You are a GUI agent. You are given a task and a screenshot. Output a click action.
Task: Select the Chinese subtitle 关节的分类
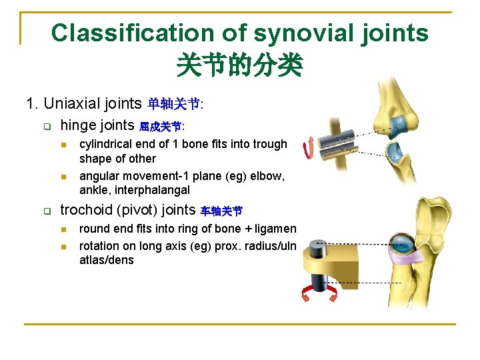[x=239, y=65]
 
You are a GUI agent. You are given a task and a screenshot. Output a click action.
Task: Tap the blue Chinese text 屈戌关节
[x=160, y=126]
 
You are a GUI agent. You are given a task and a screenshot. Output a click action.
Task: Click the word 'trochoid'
[x=85, y=210]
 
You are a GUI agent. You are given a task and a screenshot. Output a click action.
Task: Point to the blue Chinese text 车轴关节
[x=221, y=211]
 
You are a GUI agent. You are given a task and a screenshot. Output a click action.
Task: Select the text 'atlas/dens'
[x=106, y=260]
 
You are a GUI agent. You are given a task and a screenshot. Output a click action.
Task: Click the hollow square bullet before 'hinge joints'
[x=47, y=125]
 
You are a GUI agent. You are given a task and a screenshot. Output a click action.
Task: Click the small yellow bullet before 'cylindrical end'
[x=63, y=145]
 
